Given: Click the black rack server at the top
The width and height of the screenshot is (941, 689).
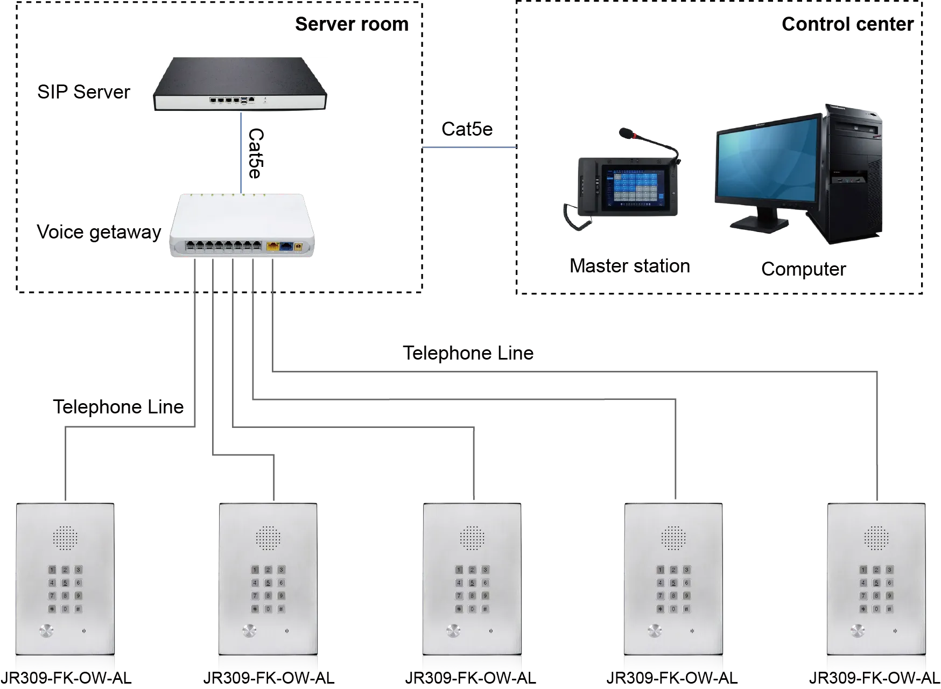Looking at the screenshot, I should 241,84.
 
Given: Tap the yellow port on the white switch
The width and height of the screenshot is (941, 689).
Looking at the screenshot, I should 272,247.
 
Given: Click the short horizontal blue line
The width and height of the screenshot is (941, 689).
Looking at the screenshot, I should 469,148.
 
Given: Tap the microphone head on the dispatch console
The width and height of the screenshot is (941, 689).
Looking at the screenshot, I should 626,132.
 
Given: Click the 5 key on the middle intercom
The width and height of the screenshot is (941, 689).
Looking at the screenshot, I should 472,582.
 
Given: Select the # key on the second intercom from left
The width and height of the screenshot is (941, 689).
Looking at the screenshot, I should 281,609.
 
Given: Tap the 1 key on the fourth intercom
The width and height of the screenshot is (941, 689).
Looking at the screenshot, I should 660,570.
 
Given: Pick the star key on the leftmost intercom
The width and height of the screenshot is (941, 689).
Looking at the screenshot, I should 52,609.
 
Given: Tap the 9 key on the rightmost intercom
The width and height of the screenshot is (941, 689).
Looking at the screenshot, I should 889,595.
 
